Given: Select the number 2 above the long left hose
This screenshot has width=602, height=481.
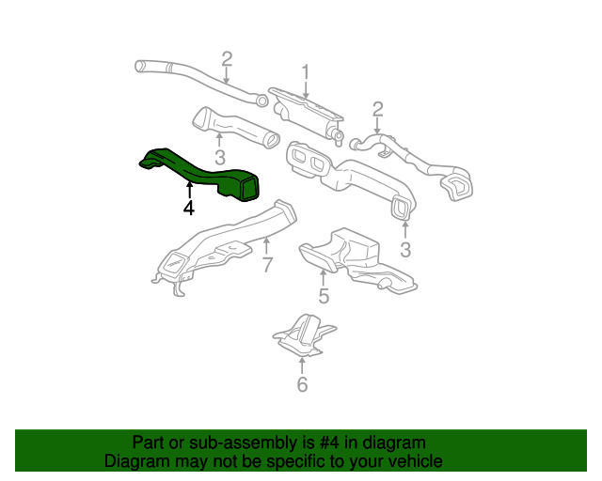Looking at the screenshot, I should [227, 60].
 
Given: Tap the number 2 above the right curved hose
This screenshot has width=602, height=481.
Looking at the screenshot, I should [377, 111].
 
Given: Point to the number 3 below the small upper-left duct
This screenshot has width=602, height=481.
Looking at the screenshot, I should [219, 157].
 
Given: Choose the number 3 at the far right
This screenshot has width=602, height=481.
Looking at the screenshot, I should [406, 249].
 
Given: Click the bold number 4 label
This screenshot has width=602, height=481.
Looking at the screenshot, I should [189, 208].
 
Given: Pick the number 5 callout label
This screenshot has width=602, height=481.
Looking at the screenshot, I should [323, 297].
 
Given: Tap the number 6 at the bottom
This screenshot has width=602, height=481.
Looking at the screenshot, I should [302, 384].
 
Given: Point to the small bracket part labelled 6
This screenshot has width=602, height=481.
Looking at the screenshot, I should [303, 336].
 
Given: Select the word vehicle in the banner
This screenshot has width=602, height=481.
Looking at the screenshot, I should [414, 461].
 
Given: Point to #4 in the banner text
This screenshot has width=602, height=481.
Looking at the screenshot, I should [315, 442].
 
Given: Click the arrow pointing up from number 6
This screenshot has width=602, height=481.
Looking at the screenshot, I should [302, 365].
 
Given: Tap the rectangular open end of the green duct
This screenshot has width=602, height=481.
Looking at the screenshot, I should [249, 188].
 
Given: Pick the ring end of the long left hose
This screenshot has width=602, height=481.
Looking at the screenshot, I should [263, 101].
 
